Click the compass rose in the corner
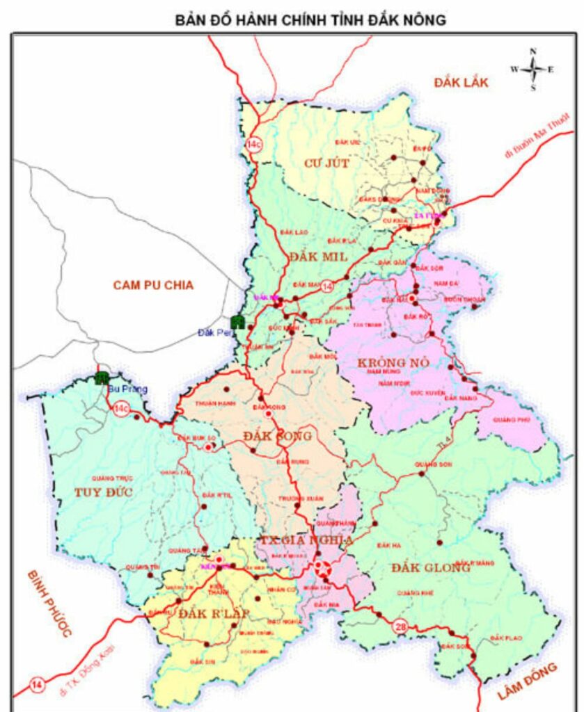[532, 69]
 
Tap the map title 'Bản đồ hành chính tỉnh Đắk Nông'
[310, 20]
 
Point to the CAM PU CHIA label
[153, 284]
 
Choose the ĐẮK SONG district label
[278, 435]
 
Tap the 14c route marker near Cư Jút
[254, 145]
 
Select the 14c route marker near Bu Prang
[121, 409]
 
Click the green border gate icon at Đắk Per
[237, 322]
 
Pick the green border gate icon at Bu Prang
[102, 378]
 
